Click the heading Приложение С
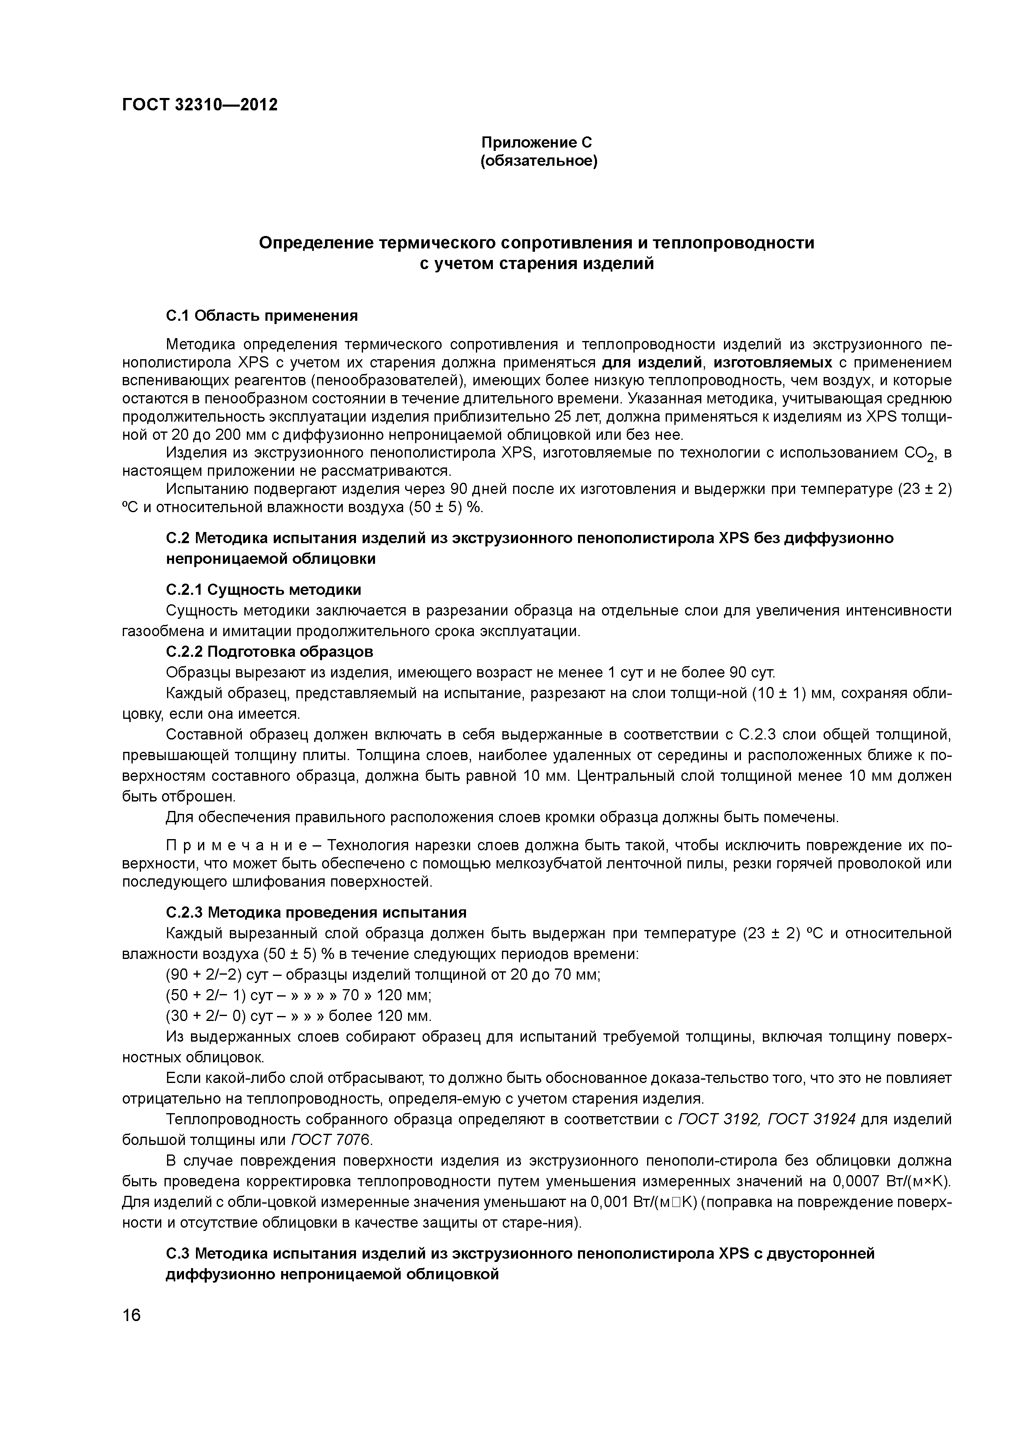tap(537, 143)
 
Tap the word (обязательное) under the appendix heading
tap(539, 162)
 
